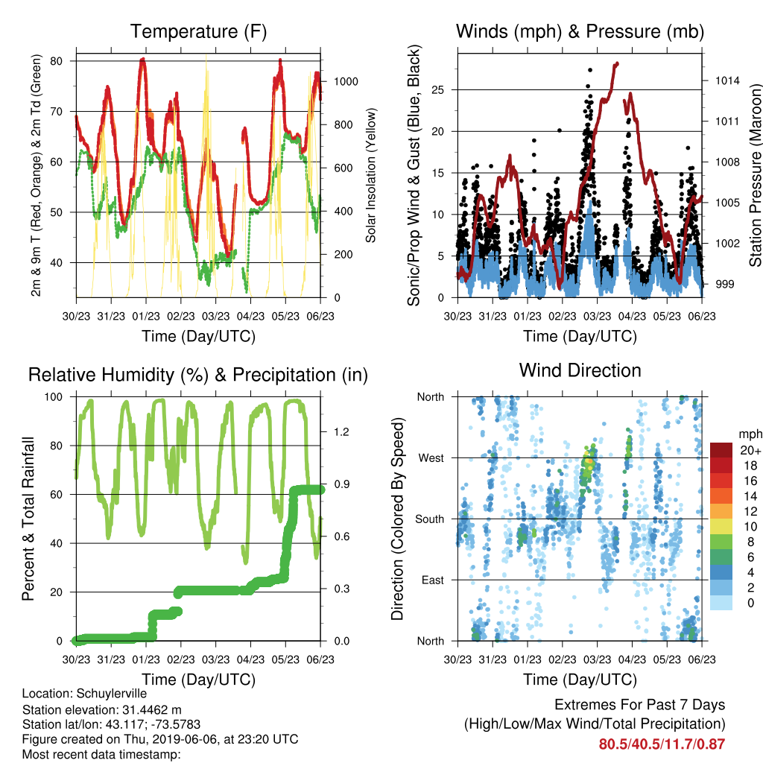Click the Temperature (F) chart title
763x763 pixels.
(x=198, y=31)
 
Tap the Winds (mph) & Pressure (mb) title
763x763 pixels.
(x=580, y=31)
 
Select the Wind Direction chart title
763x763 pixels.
(x=580, y=370)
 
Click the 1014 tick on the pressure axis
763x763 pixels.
(x=727, y=80)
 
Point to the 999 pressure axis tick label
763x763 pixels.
(x=724, y=284)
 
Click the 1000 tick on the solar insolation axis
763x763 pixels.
(x=346, y=82)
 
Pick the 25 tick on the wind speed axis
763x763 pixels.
(x=437, y=90)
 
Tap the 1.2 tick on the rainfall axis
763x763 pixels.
(x=341, y=432)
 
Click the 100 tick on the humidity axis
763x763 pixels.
(x=54, y=397)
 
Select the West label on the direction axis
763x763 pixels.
(x=431, y=458)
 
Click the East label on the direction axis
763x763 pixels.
(x=433, y=580)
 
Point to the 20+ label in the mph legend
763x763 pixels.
(x=750, y=451)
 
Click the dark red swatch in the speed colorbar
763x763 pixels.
(x=721, y=451)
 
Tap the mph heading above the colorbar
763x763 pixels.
(x=750, y=434)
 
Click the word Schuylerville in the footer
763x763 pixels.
(x=112, y=694)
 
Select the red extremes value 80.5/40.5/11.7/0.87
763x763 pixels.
(x=662, y=744)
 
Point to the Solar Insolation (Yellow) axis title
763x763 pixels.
(x=371, y=175)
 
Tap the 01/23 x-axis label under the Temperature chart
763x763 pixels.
(x=146, y=316)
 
